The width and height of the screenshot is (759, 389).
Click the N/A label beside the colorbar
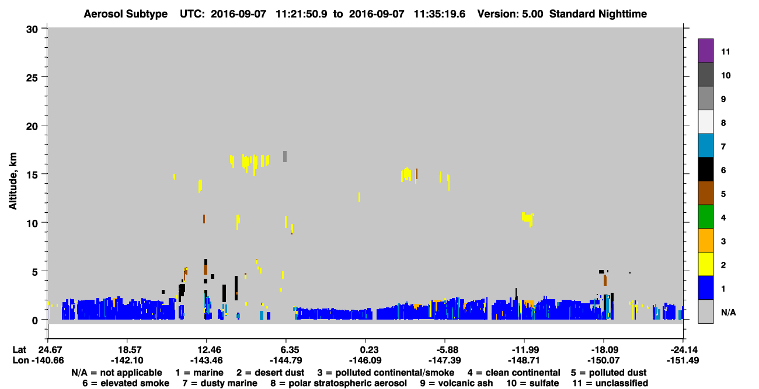pos(728,312)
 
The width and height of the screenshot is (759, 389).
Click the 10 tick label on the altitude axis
pos(33,223)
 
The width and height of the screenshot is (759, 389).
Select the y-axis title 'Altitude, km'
pos(13,181)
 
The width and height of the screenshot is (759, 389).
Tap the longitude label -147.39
pos(445,360)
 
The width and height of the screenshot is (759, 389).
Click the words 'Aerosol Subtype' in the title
pos(126,14)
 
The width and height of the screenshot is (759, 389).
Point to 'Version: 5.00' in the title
pos(510,14)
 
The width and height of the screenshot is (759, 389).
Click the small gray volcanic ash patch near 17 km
pos(285,156)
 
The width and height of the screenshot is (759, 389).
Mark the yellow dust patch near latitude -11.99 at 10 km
pos(527,218)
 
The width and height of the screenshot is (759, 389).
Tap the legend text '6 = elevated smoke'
pos(126,383)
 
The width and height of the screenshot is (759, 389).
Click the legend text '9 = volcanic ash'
pos(457,383)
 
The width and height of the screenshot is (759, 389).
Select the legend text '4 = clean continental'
pos(514,373)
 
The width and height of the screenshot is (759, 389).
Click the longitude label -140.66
pos(47,360)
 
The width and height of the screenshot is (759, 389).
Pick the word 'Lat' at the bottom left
pos(19,349)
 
